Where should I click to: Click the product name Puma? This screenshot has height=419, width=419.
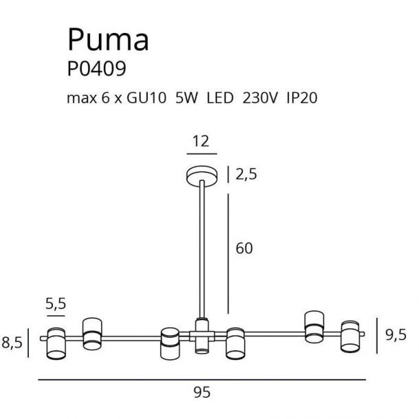(x=109, y=40)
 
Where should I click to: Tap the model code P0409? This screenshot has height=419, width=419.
(x=96, y=69)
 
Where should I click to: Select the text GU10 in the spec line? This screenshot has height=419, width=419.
(x=146, y=98)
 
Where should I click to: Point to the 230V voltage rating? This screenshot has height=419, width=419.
(x=260, y=98)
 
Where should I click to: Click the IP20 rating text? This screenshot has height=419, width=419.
(x=302, y=98)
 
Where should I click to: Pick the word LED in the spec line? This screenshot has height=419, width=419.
(x=220, y=98)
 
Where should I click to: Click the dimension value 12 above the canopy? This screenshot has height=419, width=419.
(x=201, y=141)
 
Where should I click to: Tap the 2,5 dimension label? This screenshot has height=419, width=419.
(x=246, y=174)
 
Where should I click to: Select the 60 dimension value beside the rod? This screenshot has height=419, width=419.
(x=244, y=249)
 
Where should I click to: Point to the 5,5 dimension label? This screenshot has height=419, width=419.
(x=56, y=304)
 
